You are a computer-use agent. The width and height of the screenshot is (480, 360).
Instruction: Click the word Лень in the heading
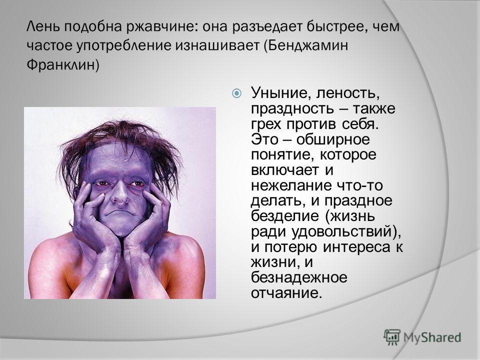pyautogui.click(x=44, y=26)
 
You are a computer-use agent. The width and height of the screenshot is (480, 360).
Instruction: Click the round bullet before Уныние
pyautogui.click(x=236, y=93)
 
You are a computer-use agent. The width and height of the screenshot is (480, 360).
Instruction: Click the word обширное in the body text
pyautogui.click(x=333, y=140)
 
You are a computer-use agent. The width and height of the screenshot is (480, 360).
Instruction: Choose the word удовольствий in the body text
pyautogui.click(x=341, y=231)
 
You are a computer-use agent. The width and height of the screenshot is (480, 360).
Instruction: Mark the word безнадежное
pyautogui.click(x=299, y=278)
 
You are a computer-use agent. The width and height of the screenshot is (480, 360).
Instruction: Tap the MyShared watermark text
pyautogui.click(x=432, y=337)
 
